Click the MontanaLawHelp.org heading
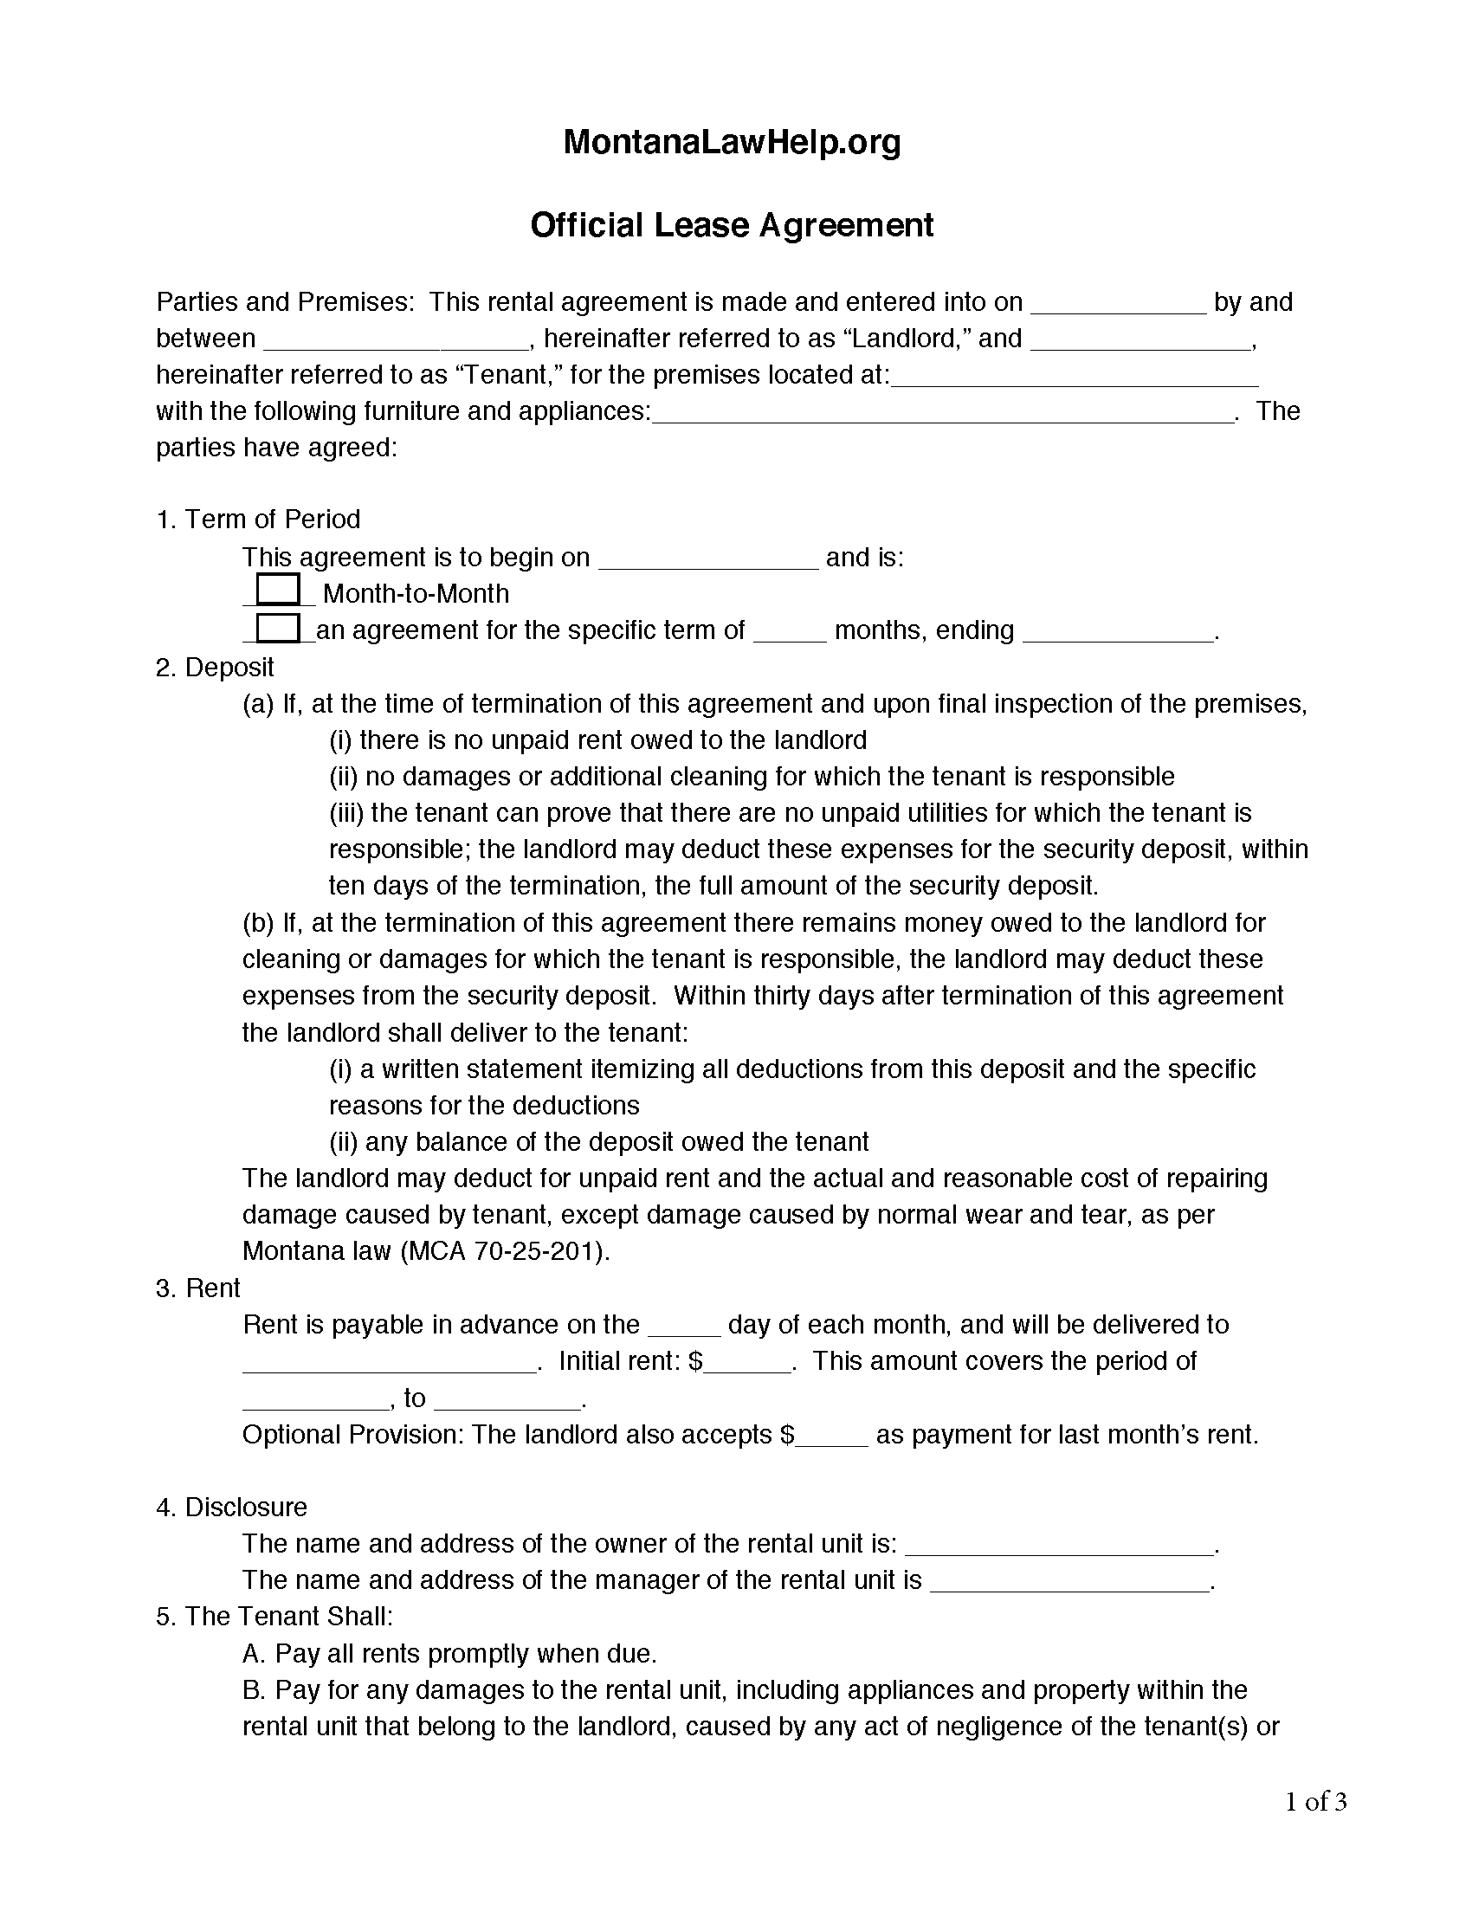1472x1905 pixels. (732, 142)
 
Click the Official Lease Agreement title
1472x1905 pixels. (732, 225)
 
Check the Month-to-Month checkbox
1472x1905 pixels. (279, 589)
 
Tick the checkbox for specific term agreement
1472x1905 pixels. (279, 628)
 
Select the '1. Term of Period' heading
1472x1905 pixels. (258, 520)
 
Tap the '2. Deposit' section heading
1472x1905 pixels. (215, 668)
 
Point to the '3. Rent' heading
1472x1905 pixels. (198, 1288)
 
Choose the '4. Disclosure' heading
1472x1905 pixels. (231, 1508)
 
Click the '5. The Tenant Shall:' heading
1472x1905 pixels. (274, 1617)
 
